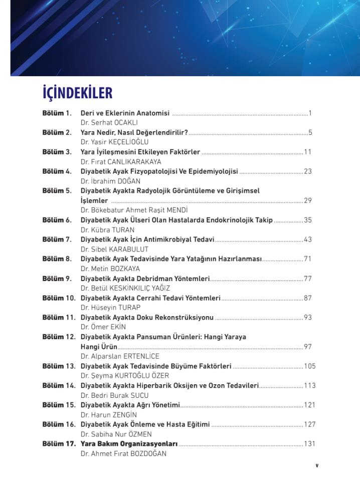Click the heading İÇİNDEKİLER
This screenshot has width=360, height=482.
point(78,93)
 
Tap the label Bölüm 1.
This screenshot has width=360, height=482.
point(57,113)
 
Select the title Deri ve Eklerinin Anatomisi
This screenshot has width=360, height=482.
point(125,113)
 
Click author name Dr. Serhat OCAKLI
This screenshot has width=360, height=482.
point(109,122)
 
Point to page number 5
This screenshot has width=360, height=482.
point(310,133)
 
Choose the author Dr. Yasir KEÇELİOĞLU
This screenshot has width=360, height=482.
point(114,142)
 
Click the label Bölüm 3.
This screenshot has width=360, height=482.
point(57,152)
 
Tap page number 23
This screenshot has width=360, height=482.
point(308,171)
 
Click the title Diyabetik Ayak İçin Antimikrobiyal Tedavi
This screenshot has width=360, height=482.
point(147,239)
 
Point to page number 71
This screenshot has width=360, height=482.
point(308,259)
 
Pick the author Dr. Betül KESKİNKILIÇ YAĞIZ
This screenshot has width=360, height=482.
point(125,288)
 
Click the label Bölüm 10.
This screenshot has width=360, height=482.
point(59,298)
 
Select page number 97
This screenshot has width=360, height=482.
point(308,347)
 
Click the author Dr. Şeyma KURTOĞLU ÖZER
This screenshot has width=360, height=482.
point(125,376)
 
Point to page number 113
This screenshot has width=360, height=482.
point(310,385)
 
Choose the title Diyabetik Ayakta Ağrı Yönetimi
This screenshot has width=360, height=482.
point(130,405)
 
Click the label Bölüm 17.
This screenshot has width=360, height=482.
point(59,444)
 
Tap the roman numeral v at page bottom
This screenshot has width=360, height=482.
point(317,465)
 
